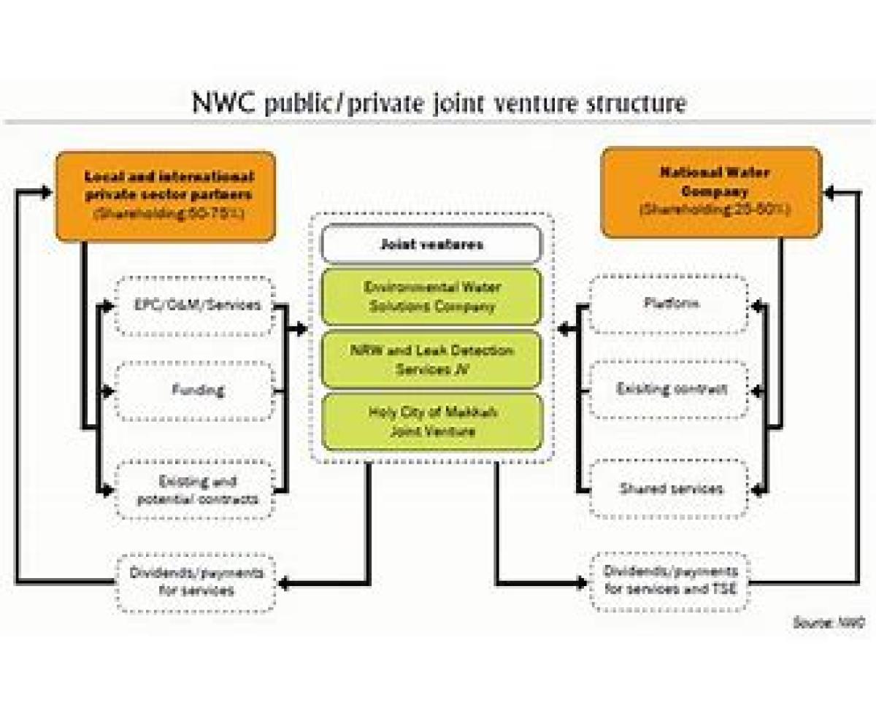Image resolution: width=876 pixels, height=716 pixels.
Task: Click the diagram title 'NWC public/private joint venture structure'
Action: [x=439, y=103]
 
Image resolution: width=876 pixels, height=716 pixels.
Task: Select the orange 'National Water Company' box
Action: [x=711, y=193]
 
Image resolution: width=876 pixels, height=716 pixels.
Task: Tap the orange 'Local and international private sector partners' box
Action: [x=166, y=196]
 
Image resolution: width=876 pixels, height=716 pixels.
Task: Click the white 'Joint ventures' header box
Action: [x=431, y=244]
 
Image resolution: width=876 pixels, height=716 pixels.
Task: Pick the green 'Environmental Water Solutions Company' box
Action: [x=431, y=296]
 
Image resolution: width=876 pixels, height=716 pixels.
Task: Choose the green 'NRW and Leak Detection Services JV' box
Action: [x=431, y=359]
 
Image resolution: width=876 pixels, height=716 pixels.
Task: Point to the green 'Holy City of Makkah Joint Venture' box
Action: [x=431, y=422]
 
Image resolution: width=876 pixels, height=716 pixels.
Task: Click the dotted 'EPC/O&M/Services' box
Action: [x=195, y=305]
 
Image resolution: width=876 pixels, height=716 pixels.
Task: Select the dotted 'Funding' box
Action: [x=195, y=390]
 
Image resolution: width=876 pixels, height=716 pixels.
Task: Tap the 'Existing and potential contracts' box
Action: [x=195, y=490]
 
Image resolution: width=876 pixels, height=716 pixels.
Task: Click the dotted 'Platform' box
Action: [x=669, y=304]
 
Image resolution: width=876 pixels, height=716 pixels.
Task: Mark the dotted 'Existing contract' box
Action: [x=669, y=389]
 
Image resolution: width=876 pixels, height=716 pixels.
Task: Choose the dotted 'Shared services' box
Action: [x=669, y=489]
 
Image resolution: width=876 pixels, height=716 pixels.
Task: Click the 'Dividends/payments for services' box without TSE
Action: [x=196, y=582]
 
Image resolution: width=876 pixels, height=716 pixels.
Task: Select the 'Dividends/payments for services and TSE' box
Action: [x=669, y=582]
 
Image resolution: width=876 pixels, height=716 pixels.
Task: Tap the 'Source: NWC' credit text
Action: [x=829, y=623]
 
